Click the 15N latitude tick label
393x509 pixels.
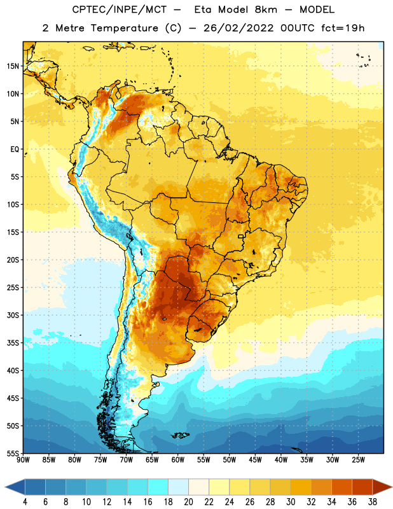click(x=13, y=66)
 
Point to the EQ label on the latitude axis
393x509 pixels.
click(x=15, y=150)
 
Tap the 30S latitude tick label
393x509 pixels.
click(x=13, y=315)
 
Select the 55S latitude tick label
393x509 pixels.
click(x=13, y=454)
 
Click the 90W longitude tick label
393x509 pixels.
click(x=23, y=460)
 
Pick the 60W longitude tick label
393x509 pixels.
click(x=178, y=460)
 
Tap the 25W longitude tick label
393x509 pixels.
click(x=358, y=460)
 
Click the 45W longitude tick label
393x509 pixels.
click(x=255, y=460)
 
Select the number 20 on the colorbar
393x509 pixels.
click(x=188, y=502)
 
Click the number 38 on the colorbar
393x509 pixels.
click(x=372, y=502)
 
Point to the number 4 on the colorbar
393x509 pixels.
click(x=25, y=502)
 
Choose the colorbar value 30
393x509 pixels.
click(x=291, y=502)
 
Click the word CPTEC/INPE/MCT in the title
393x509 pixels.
click(x=120, y=10)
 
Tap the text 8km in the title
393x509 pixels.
click(x=266, y=10)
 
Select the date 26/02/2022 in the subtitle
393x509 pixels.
click(x=238, y=28)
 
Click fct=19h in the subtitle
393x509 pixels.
click(x=343, y=28)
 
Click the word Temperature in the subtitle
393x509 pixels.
click(x=124, y=28)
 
